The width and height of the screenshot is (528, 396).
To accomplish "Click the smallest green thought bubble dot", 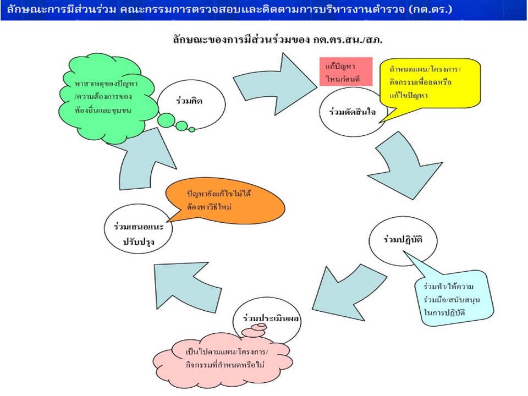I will click(x=192, y=130).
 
